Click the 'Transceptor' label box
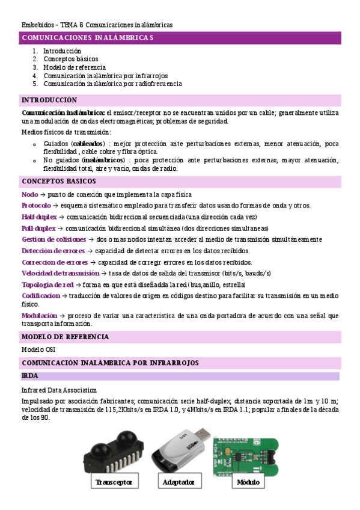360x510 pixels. point(113,482)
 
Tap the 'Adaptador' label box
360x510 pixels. point(178,482)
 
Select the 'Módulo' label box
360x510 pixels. point(248,482)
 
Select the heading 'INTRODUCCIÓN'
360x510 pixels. point(49,100)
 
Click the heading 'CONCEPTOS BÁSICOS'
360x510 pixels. point(58,181)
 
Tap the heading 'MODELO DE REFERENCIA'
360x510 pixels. point(65,337)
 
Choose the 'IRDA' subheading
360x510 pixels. point(30,376)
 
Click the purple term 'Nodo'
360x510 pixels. point(29,195)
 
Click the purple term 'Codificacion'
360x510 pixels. point(41,296)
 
